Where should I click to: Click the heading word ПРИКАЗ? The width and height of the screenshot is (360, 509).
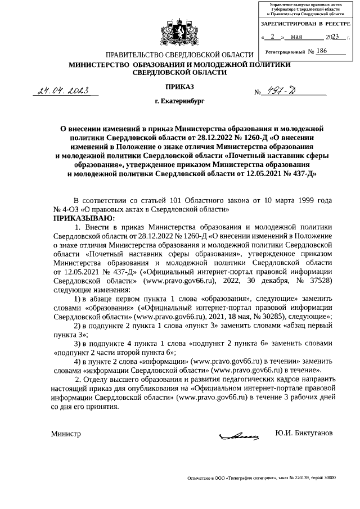pos(179,87)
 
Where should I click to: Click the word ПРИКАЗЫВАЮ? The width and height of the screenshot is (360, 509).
pos(84,217)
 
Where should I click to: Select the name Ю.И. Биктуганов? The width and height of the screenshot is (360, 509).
pos(303,434)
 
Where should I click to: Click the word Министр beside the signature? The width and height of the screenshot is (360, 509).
pos(66,434)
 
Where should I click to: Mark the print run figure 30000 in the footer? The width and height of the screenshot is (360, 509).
pos(327,478)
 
